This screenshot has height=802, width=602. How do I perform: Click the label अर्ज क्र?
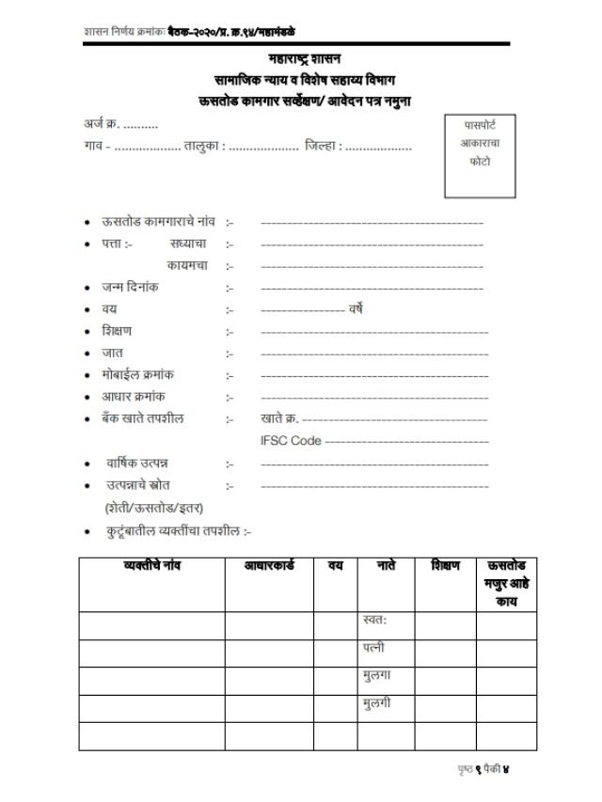pyautogui.click(x=98, y=124)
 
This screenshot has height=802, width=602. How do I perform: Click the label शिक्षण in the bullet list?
pyautogui.click(x=118, y=331)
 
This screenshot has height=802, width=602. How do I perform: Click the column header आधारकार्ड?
pyautogui.click(x=268, y=566)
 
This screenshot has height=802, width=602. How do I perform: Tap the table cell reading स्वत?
pyautogui.click(x=375, y=621)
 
